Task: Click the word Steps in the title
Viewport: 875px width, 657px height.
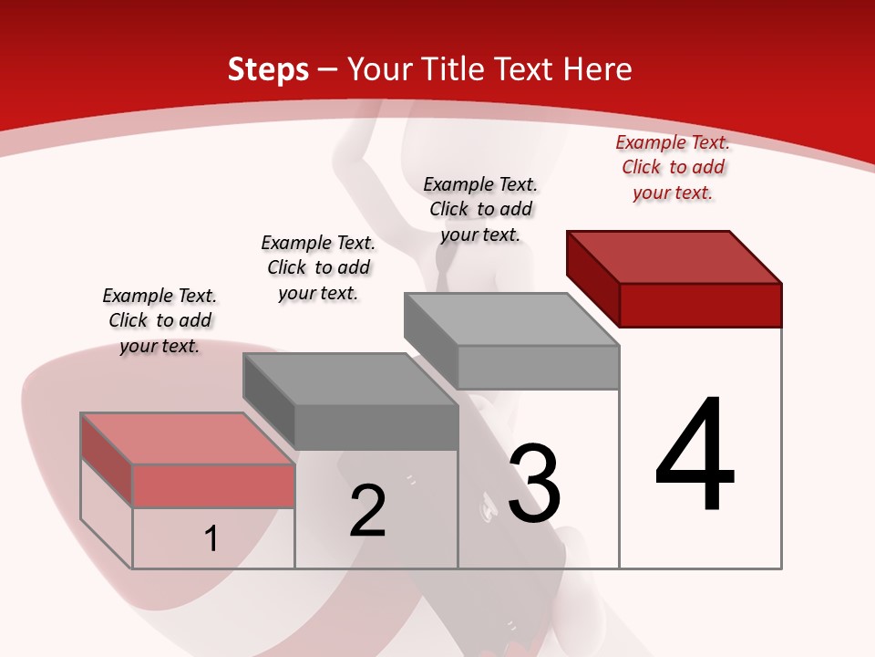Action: (268, 69)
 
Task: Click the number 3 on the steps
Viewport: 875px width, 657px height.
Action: (534, 483)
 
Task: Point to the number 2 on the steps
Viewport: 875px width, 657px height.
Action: (368, 511)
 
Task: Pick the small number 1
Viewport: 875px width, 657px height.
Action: (211, 538)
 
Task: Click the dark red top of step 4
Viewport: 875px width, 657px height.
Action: (674, 256)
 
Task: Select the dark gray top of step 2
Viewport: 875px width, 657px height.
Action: (350, 380)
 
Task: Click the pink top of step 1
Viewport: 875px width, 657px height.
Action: (188, 439)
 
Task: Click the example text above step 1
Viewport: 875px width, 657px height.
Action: (160, 320)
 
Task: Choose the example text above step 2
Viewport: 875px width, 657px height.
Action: (318, 267)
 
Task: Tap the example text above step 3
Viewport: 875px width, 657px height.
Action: (480, 209)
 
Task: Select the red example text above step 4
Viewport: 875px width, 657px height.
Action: (673, 167)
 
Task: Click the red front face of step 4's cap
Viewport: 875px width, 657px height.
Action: (700, 305)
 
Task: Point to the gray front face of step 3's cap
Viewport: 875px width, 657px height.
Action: (538, 367)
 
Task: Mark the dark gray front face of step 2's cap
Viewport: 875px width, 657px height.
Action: (376, 427)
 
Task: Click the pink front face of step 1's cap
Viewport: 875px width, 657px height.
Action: (213, 485)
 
